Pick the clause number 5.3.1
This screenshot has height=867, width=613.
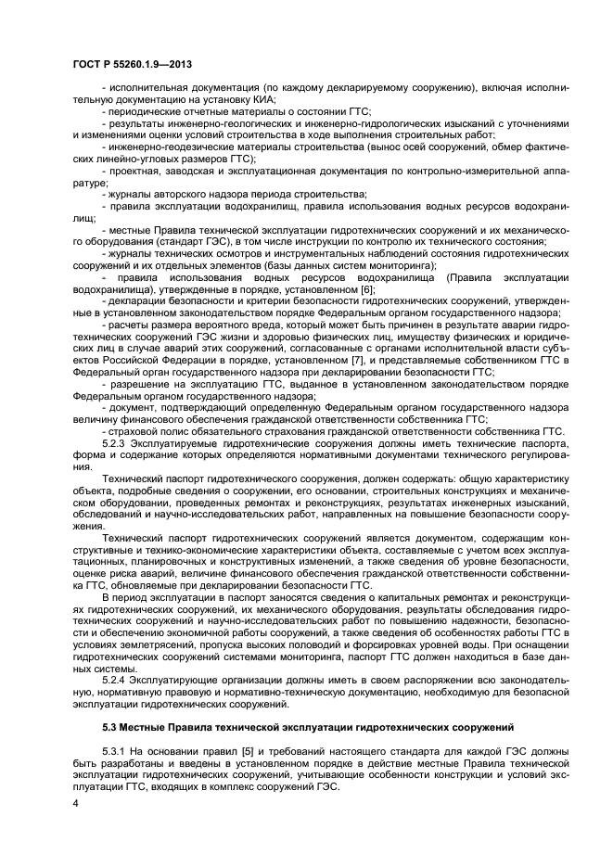point(118,753)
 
